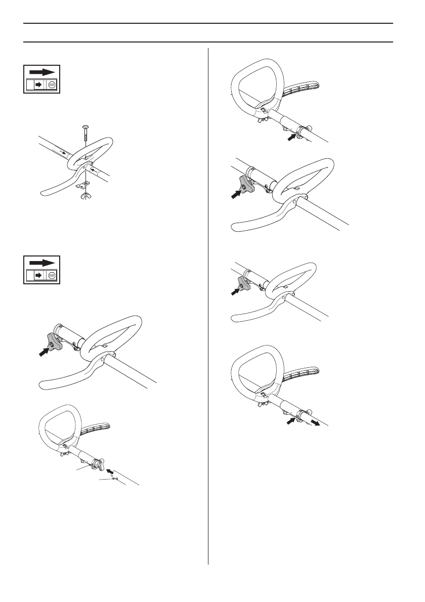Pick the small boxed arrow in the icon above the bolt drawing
(x=38, y=85)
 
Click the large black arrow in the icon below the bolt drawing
(x=42, y=263)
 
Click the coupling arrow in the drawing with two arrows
(x=290, y=419)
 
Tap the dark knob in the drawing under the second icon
(x=54, y=343)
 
